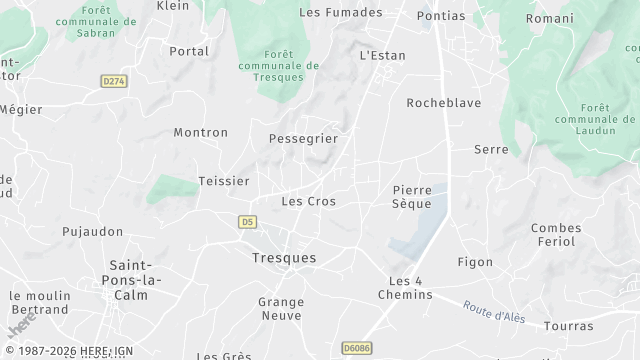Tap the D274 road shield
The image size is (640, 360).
pyautogui.click(x=114, y=80)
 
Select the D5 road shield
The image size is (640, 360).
pyautogui.click(x=248, y=222)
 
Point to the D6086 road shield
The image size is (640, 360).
pyautogui.click(x=356, y=347)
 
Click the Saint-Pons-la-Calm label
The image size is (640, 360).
pyautogui.click(x=129, y=280)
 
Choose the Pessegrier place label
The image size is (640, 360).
pyautogui.click(x=303, y=138)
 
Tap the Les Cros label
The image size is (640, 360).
pyautogui.click(x=308, y=201)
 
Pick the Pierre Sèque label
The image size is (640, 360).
pyautogui.click(x=412, y=196)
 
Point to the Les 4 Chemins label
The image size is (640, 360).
pyautogui.click(x=405, y=287)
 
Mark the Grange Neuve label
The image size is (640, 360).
pyautogui.click(x=281, y=307)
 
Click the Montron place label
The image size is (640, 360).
pyautogui.click(x=200, y=132)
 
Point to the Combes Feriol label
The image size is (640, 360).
pyautogui.click(x=556, y=235)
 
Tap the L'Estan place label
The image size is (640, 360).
pyautogui.click(x=382, y=55)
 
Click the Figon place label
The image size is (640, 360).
pyautogui.click(x=474, y=262)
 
